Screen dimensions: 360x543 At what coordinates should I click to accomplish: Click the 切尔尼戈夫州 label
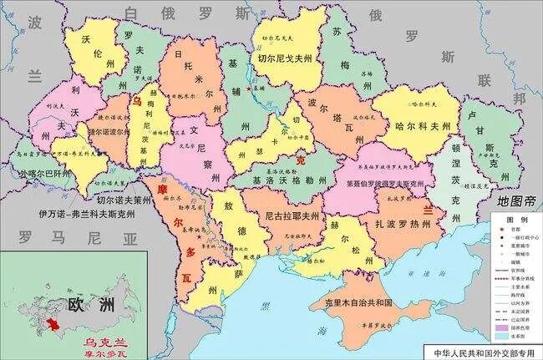tap(285, 58)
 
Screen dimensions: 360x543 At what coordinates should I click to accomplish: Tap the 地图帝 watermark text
tap(515, 201)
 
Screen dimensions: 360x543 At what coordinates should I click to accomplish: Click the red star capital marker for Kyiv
tap(248, 86)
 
